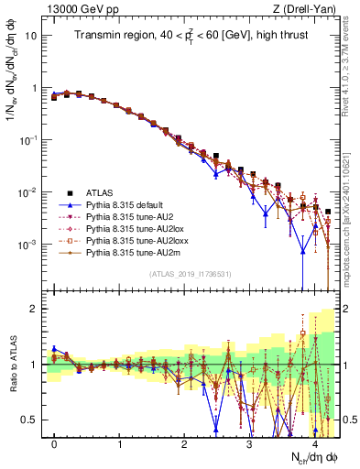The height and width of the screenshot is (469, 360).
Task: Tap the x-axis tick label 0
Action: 55,443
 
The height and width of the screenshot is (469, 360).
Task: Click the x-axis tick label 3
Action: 249,443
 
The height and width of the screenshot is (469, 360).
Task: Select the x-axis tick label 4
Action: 314,443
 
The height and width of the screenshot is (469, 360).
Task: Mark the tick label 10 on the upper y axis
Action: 33,37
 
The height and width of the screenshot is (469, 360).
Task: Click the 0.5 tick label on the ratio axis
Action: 31,420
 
